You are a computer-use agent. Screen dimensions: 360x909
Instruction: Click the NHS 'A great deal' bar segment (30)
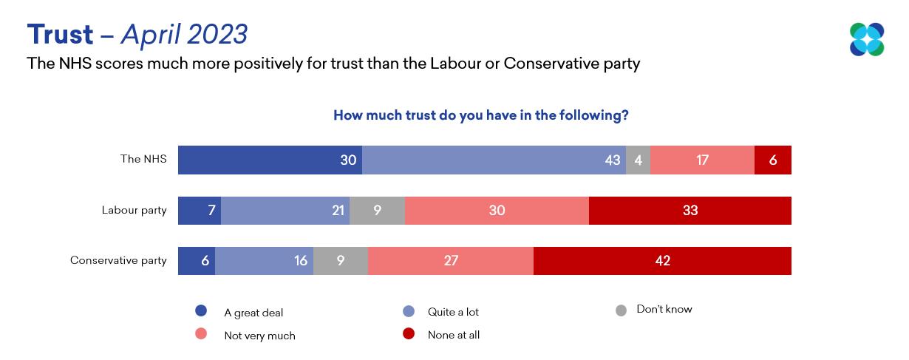click(270, 160)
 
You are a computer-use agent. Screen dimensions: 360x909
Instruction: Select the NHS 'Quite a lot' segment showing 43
click(494, 160)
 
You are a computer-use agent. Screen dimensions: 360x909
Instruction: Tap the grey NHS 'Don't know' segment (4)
click(638, 160)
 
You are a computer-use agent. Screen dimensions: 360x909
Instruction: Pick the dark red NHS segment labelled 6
click(772, 160)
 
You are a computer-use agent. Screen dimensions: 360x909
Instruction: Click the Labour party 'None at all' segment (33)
click(690, 211)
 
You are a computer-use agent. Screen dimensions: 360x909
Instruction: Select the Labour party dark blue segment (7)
click(200, 211)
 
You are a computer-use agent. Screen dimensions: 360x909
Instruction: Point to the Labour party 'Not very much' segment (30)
click(497, 211)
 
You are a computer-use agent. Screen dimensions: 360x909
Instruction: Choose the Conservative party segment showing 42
click(662, 261)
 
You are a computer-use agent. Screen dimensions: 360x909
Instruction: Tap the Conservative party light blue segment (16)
click(264, 261)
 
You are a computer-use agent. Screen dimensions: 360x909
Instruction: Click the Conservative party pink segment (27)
click(450, 261)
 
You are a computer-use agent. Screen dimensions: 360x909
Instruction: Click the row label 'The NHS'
click(143, 160)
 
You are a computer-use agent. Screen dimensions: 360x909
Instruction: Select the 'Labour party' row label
click(134, 211)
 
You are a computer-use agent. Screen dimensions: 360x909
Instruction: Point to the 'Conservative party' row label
click(118, 261)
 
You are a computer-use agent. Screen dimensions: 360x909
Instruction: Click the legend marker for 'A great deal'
click(200, 311)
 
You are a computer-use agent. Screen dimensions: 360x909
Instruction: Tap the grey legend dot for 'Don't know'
click(621, 310)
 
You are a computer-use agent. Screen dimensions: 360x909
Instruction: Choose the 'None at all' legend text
click(454, 335)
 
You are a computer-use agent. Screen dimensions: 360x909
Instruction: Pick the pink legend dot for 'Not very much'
click(200, 335)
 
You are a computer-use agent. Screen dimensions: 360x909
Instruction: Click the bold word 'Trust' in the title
click(61, 34)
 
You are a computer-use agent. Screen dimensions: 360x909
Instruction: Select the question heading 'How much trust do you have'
click(480, 115)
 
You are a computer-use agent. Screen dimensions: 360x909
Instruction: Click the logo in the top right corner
click(866, 40)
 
